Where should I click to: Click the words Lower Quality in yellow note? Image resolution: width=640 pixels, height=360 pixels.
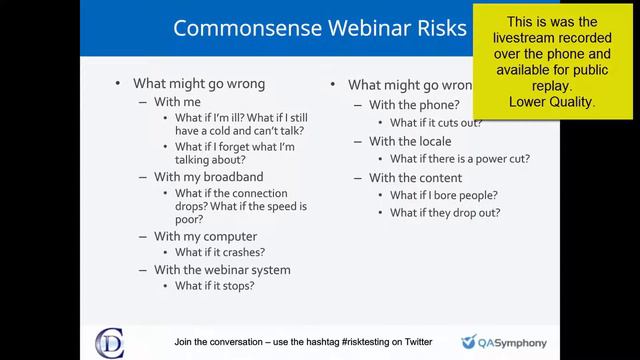pyautogui.click(x=552, y=102)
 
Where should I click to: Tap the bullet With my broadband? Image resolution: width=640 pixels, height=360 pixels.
pyautogui.click(x=207, y=177)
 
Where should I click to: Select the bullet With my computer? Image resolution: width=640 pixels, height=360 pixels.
pyautogui.click(x=204, y=236)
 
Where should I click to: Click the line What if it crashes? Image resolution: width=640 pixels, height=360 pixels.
pyautogui.click(x=220, y=252)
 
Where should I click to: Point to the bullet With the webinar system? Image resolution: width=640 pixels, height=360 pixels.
pyautogui.click(x=222, y=269)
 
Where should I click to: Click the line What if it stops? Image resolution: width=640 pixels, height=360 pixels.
pyautogui.click(x=215, y=285)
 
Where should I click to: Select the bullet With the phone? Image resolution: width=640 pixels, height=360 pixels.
pyautogui.click(x=414, y=105)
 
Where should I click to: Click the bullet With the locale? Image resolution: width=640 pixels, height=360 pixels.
pyautogui.click(x=410, y=141)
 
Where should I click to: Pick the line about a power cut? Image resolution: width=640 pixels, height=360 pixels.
pyautogui.click(x=459, y=158)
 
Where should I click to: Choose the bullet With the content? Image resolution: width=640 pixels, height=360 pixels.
pyautogui.click(x=414, y=178)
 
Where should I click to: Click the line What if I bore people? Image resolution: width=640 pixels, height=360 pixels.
pyautogui.click(x=444, y=195)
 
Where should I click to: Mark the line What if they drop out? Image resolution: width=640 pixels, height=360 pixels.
pyautogui.click(x=445, y=212)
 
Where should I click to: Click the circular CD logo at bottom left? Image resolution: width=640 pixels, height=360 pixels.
pyautogui.click(x=110, y=340)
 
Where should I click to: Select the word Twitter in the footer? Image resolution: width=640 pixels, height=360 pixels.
pyautogui.click(x=415, y=341)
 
